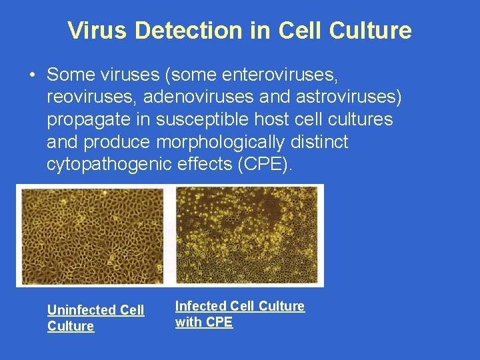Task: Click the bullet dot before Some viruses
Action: pyautogui.click(x=32, y=74)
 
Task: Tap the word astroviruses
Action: pyautogui.click(x=349, y=97)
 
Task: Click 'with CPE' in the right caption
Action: pyautogui.click(x=203, y=323)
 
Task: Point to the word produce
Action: pyautogui.click(x=117, y=143)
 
